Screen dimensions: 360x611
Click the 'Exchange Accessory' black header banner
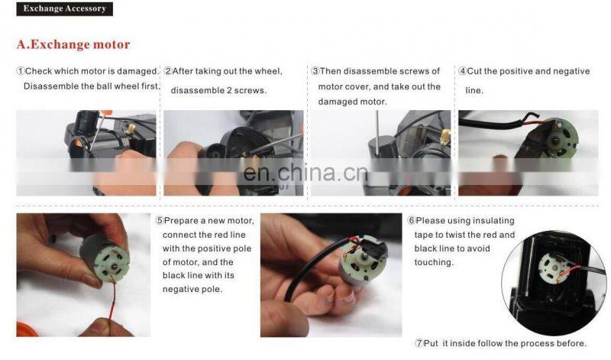65,10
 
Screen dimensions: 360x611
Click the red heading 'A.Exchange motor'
73,45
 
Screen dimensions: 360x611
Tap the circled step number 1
21,71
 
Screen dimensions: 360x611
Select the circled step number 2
168,71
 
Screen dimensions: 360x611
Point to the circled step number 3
315,71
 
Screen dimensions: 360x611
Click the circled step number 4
462,71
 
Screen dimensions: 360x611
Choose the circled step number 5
160,221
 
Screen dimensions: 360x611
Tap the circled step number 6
412,221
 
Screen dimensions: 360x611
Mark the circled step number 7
419,342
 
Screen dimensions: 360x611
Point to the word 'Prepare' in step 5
182,221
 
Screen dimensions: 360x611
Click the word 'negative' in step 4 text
570,71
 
